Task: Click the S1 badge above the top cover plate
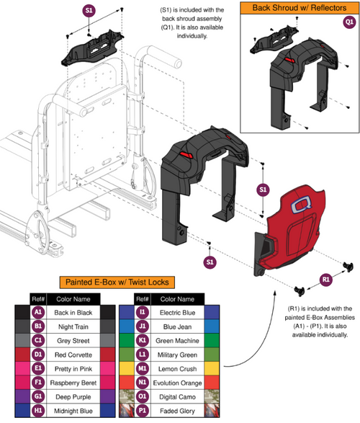[x=89, y=11]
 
